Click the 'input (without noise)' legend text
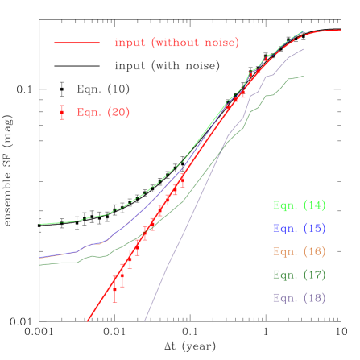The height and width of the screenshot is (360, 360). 176,43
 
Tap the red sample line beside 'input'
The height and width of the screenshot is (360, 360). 77,43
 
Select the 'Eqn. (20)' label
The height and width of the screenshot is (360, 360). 103,113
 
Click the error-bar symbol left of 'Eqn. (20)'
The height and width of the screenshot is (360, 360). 61,113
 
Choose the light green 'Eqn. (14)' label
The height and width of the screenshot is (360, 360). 299,205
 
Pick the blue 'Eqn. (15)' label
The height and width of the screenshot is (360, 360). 299,229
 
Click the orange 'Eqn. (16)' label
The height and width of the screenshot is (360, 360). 299,251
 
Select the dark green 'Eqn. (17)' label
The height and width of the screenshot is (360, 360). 299,275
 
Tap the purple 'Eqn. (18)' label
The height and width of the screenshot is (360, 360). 299,298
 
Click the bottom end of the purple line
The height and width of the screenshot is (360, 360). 145,321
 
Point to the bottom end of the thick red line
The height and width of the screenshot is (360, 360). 87,321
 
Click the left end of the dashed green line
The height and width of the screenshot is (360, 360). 40,224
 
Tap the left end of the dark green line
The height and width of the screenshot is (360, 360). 40,264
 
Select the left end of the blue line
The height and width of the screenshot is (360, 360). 40,259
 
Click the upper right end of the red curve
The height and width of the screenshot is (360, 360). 340,31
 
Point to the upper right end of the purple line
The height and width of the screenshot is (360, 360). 303,49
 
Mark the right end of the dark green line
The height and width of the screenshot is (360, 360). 303,77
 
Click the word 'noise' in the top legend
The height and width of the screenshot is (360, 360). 221,43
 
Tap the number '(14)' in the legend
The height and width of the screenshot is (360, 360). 314,205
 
